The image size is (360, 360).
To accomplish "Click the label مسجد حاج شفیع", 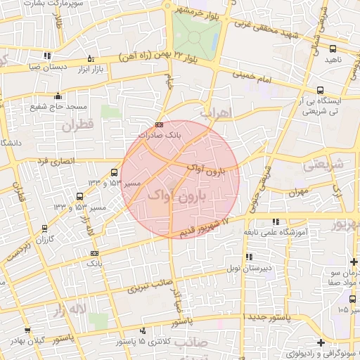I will [58, 107].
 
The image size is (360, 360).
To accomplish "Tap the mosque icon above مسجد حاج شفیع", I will [58, 96].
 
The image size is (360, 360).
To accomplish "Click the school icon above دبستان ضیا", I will [47, 56].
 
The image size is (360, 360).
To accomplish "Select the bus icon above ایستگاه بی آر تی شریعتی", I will [320, 90].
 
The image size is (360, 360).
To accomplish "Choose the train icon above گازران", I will [45, 229].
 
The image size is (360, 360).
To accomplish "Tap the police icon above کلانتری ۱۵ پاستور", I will [143, 330].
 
